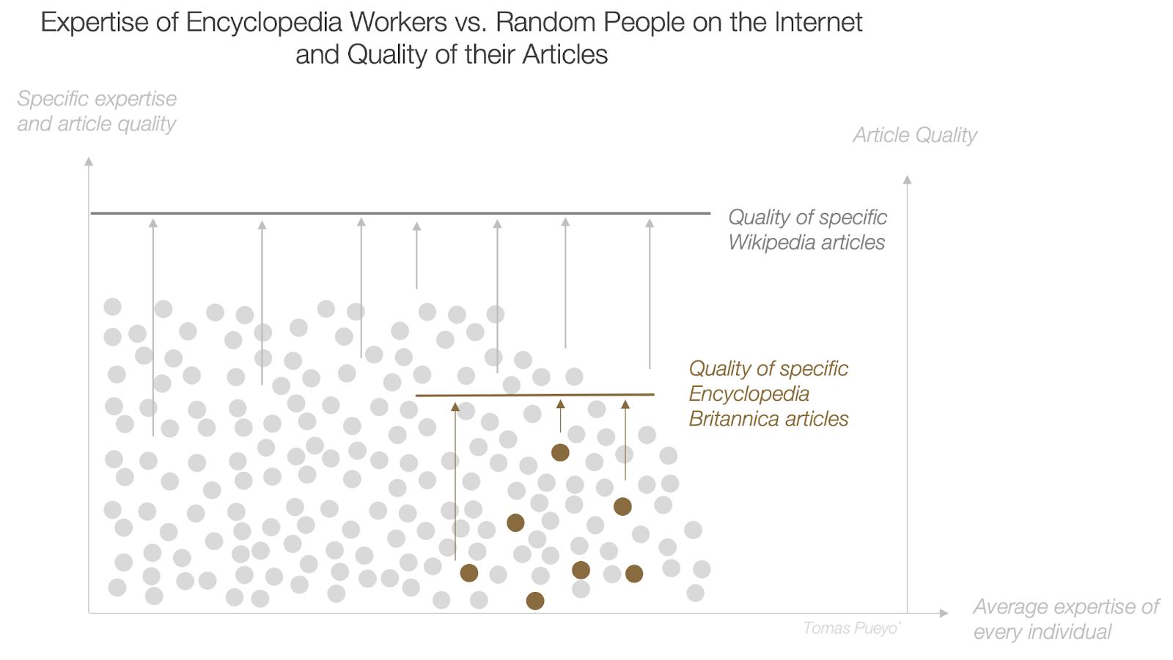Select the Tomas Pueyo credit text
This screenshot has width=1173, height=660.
(x=851, y=629)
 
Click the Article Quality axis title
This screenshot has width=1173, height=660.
(x=914, y=136)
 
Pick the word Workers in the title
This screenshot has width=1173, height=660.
(x=397, y=23)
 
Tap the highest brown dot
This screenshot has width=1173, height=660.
(x=560, y=453)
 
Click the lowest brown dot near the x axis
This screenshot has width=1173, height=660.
(x=535, y=601)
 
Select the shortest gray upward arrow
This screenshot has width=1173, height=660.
(x=416, y=256)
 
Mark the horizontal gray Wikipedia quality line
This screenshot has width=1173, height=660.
(x=400, y=213)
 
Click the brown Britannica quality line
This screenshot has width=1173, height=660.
(x=535, y=396)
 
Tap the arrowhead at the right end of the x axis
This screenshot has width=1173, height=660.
(x=944, y=613)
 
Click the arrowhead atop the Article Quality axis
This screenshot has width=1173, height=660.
(x=907, y=179)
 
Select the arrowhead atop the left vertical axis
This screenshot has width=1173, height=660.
(x=89, y=161)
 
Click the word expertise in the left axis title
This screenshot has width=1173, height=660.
(x=139, y=99)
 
